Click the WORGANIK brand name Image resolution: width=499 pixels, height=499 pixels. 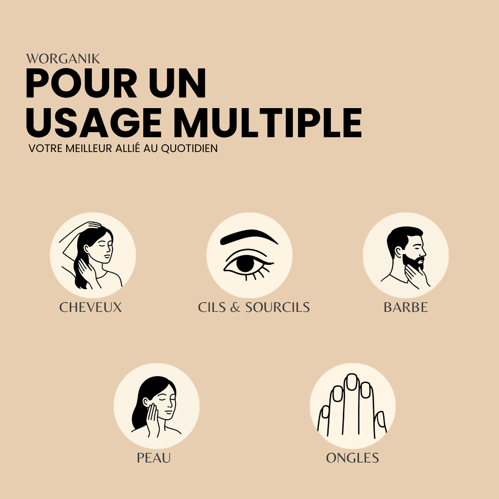click(63, 59)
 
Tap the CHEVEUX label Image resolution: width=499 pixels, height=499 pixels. click(91, 307)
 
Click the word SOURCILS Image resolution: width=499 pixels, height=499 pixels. click(277, 307)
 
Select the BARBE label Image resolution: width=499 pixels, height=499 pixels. click(406, 307)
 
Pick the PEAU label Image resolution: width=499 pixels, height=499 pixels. click(154, 458)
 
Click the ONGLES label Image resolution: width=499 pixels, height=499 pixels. click(353, 458)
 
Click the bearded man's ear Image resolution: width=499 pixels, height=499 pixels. click(398, 251)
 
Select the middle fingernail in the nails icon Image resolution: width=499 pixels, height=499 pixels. click(352, 382)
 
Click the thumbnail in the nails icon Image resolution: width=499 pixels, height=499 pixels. click(381, 419)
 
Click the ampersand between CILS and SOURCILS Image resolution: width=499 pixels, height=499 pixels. click(235, 307)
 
